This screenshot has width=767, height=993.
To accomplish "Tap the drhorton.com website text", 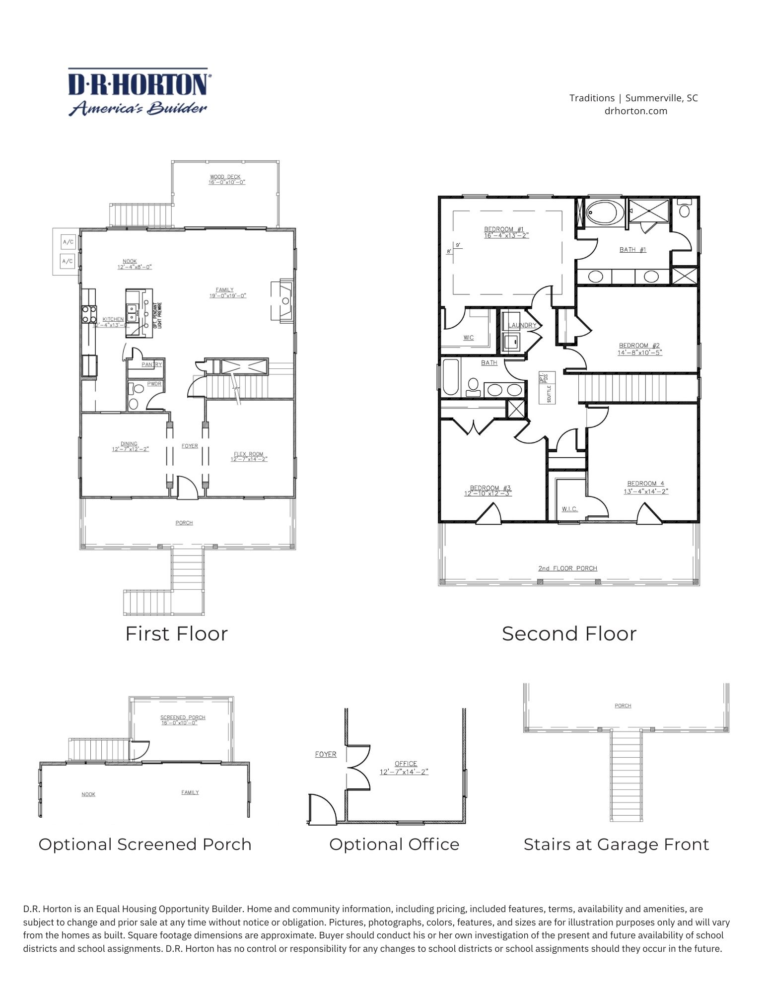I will (x=635, y=111).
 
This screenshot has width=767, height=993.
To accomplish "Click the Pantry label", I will (x=151, y=364).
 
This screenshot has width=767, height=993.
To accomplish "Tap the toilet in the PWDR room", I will (x=134, y=403).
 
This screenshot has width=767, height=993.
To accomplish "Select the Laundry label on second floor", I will (x=522, y=326).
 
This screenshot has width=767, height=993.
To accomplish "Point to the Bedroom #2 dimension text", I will (x=639, y=353).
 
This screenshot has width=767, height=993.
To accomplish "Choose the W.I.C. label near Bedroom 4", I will (x=569, y=509).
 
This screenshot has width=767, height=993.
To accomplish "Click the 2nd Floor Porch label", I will (x=567, y=568).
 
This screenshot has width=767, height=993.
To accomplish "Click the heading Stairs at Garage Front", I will (x=616, y=844).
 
